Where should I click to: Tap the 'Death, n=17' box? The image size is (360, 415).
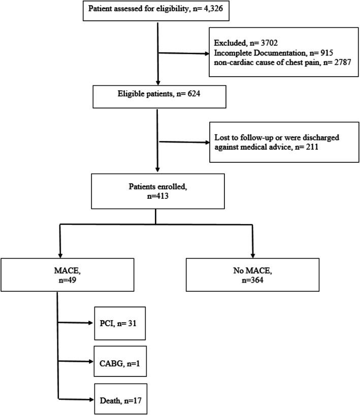(122, 399)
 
